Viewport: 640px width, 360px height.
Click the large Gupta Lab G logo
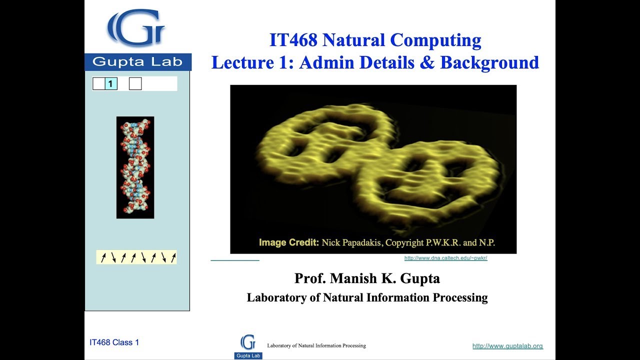tap(135, 29)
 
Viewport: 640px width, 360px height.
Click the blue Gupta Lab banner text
tap(137, 62)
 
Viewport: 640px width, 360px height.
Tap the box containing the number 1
tap(111, 84)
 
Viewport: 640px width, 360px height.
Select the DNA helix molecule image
tap(135, 167)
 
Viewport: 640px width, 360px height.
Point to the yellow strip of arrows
tap(136, 257)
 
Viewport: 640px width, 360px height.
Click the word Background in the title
tap(489, 62)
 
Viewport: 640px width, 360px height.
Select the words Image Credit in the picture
tap(288, 243)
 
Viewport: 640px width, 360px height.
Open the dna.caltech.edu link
tap(445, 258)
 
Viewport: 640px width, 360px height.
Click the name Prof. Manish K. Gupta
tap(367, 278)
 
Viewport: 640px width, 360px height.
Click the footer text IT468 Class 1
tap(114, 342)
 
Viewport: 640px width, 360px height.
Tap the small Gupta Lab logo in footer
tap(248, 346)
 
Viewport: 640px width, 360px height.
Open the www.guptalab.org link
tap(507, 346)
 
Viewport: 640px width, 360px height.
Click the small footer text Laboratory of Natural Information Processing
tap(316, 345)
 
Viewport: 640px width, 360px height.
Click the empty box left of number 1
tap(98, 84)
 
